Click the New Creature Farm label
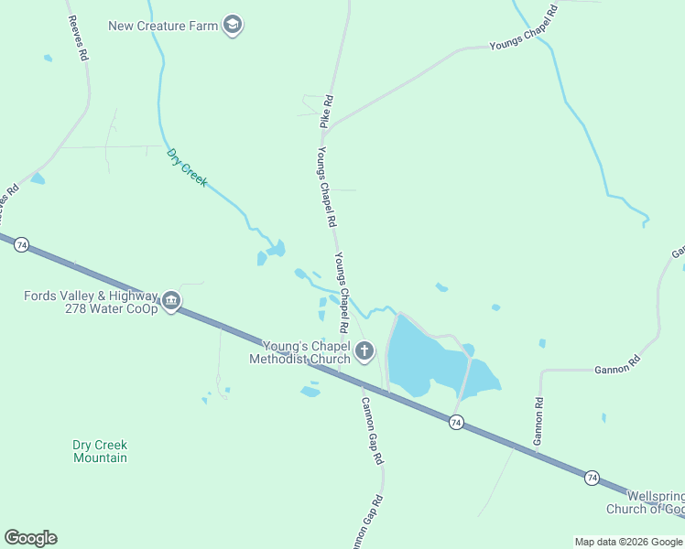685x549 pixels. tap(163, 26)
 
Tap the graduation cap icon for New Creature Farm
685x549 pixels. tap(233, 25)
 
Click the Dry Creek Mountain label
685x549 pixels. tap(100, 451)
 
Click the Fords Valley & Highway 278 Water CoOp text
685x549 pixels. tap(91, 302)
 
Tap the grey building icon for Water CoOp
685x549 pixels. tap(171, 301)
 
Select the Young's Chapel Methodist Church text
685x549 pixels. tap(299, 352)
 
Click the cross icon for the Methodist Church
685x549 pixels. tap(364, 350)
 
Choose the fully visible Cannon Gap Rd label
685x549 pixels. tap(371, 430)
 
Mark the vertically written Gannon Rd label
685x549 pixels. tap(539, 417)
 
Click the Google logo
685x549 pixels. tap(30, 538)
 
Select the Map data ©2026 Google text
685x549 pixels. tap(628, 542)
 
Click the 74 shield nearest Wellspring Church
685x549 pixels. tap(592, 478)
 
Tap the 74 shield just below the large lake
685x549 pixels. tap(455, 422)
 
